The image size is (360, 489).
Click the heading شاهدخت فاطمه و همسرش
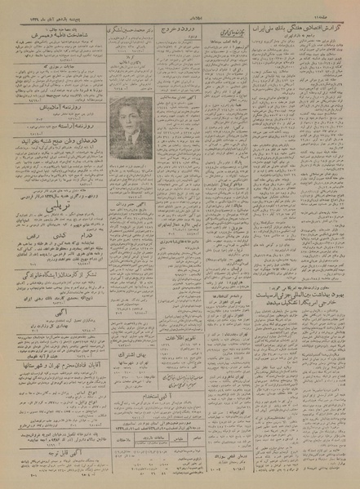(54, 38)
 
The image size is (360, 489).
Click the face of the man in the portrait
(131, 114)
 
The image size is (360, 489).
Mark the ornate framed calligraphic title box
(231, 33)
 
